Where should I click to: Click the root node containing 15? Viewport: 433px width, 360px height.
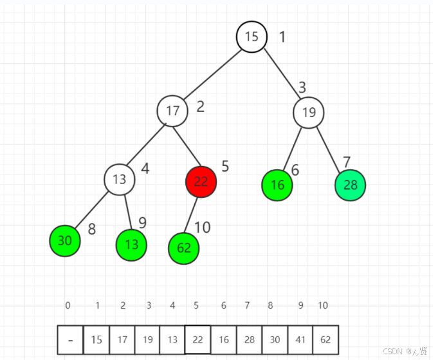(252, 37)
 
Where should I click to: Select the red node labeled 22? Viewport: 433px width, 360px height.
(201, 182)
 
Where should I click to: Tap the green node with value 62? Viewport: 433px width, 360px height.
(184, 248)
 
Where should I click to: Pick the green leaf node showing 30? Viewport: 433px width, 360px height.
(65, 241)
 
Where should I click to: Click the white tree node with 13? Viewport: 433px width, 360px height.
(120, 179)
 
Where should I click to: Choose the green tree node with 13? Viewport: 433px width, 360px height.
(131, 245)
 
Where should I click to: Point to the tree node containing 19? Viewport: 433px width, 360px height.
(309, 113)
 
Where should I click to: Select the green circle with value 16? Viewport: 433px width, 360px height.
(277, 186)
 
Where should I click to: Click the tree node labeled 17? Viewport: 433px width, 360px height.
(172, 111)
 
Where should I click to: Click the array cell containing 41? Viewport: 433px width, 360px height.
(300, 340)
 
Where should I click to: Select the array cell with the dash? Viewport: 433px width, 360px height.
(70, 340)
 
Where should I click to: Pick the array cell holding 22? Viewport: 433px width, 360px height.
(198, 340)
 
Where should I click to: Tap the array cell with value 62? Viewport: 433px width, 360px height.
(326, 340)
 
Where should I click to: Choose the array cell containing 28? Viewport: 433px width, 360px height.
(249, 340)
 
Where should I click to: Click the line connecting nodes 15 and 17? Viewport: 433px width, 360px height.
(212, 73)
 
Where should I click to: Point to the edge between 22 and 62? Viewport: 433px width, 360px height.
(193, 215)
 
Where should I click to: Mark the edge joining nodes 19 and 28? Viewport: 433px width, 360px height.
(329, 150)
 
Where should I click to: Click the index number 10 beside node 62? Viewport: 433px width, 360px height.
(203, 228)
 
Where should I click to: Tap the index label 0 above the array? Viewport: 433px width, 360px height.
(68, 306)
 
